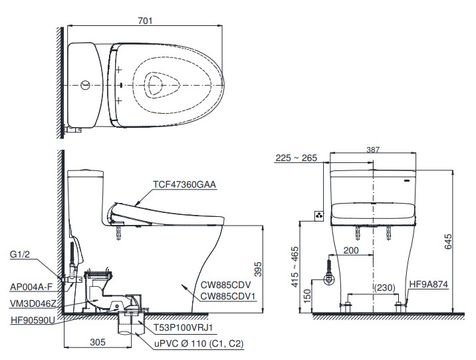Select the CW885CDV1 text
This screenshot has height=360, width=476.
pyautogui.click(x=229, y=297)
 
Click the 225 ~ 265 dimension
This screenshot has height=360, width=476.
pyautogui.click(x=297, y=158)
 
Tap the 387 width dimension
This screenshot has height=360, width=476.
pyautogui.click(x=374, y=151)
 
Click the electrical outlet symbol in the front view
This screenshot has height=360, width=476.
pyautogui.click(x=319, y=215)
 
